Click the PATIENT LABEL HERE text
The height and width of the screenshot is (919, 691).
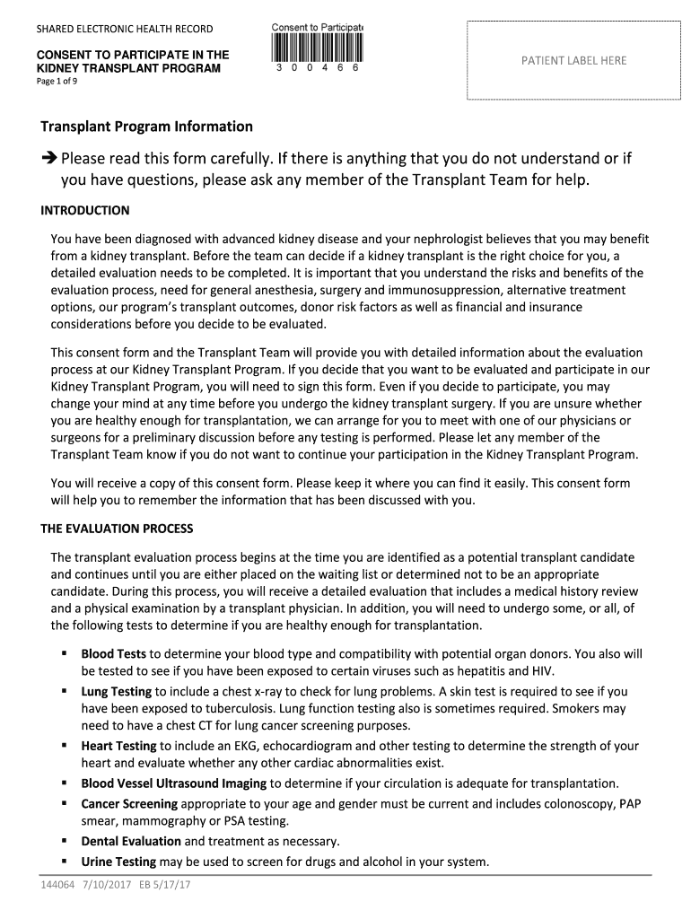coord(574,60)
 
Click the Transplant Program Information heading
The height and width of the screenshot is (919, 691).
coord(147,127)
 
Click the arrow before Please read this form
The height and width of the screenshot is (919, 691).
coord(48,159)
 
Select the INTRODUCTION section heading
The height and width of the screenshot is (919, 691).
coord(85,211)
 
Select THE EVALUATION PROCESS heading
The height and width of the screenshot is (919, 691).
coord(117,529)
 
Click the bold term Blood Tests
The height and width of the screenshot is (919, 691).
coord(113,654)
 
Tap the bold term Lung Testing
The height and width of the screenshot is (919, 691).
coord(117,692)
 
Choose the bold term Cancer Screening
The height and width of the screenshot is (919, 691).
coord(129,803)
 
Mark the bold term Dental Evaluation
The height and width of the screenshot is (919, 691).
coord(131,842)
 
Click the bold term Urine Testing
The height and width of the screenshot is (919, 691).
coord(118,862)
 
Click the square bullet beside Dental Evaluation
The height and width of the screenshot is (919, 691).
coord(66,841)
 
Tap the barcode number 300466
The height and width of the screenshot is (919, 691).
coord(317,68)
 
